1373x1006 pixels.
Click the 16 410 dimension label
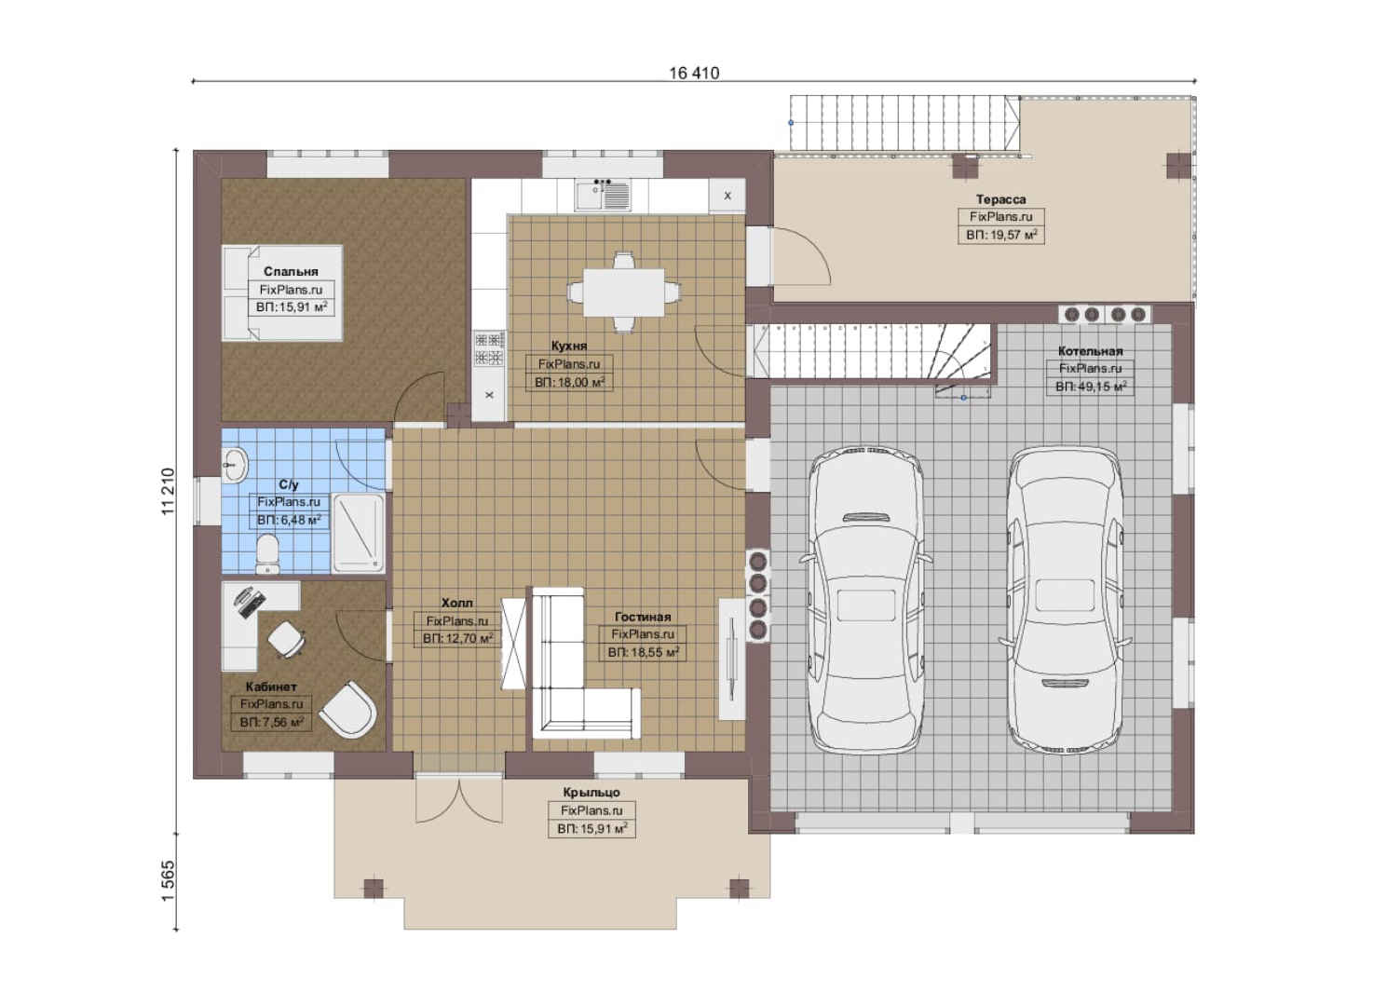[694, 73]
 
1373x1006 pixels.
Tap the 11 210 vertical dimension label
[168, 491]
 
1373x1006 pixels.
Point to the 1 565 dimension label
[168, 881]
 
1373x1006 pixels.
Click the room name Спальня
[291, 271]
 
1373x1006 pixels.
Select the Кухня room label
[569, 346]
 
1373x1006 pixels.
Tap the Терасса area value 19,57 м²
[1001, 235]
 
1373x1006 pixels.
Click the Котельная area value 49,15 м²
[1091, 387]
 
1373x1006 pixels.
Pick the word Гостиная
[643, 617]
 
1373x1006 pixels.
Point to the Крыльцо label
[591, 793]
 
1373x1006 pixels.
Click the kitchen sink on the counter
[603, 195]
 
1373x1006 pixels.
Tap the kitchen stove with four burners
[489, 349]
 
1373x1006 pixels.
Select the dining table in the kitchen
[623, 292]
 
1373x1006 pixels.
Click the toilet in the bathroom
[267, 554]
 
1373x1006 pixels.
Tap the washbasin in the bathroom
[235, 465]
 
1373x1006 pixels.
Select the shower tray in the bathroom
[358, 533]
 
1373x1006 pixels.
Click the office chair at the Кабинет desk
[286, 639]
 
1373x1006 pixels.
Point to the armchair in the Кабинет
[347, 709]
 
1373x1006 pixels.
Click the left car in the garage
[865, 600]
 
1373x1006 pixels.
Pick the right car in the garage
[1066, 600]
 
